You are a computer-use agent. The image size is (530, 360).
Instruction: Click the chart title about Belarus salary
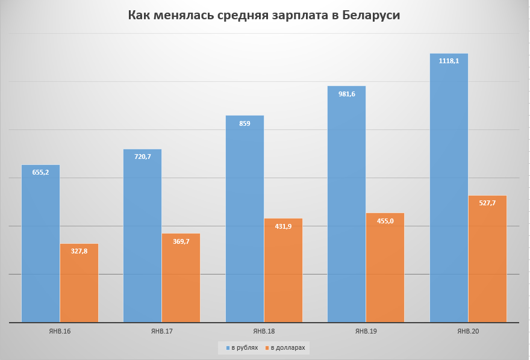coord(264,15)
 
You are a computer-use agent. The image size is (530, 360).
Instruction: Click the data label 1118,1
coord(449,61)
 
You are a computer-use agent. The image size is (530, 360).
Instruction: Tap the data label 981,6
coord(346,93)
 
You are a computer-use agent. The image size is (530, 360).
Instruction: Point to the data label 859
coord(245,123)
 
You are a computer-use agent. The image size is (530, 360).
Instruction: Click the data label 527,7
coord(487,203)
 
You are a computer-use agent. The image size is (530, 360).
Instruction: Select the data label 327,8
coord(79,251)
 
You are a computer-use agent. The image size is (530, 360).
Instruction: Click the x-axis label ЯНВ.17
coord(161,331)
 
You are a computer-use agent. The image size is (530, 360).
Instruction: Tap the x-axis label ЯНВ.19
coord(366,331)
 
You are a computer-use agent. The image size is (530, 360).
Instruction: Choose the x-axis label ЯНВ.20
coord(468,331)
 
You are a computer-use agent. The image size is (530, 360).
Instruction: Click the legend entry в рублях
coord(242,347)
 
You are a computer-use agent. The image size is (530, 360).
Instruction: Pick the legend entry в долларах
coord(285,347)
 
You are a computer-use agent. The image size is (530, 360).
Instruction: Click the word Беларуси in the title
coord(371,15)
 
